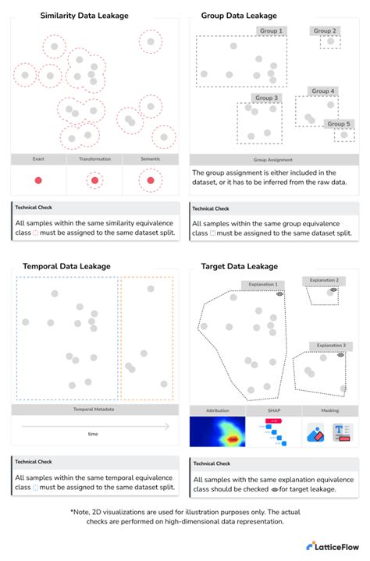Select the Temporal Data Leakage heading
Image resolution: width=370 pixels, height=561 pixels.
(66, 265)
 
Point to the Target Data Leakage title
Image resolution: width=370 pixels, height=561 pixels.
(239, 265)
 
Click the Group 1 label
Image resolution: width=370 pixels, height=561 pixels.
(270, 31)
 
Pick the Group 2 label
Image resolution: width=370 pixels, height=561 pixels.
(325, 31)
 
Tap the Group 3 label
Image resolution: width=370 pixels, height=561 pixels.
(266, 98)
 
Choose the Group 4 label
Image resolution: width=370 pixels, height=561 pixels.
(323, 91)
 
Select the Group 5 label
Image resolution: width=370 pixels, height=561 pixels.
(339, 123)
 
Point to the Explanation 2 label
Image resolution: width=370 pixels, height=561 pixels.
(324, 280)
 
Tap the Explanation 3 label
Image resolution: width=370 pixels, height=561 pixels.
(327, 345)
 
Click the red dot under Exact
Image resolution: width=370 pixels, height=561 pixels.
(38, 180)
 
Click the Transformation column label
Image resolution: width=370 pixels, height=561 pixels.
(94, 159)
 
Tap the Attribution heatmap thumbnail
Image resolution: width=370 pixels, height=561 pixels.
(217, 431)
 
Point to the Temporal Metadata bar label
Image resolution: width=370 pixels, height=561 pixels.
(94, 409)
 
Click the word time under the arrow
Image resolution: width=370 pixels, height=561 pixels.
(93, 434)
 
